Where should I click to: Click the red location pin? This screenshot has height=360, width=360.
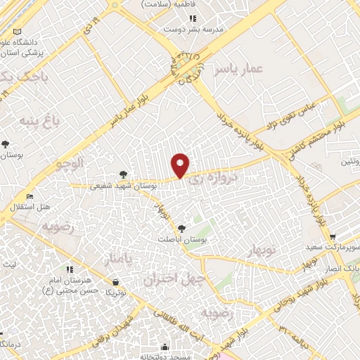pyautogui.click(x=181, y=165)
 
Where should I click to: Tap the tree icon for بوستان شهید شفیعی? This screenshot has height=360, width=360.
pyautogui.click(x=124, y=173)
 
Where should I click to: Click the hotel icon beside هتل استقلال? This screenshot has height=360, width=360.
pyautogui.click(x=30, y=197)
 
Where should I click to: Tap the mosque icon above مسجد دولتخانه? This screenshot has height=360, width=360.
pyautogui.click(x=165, y=347)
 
